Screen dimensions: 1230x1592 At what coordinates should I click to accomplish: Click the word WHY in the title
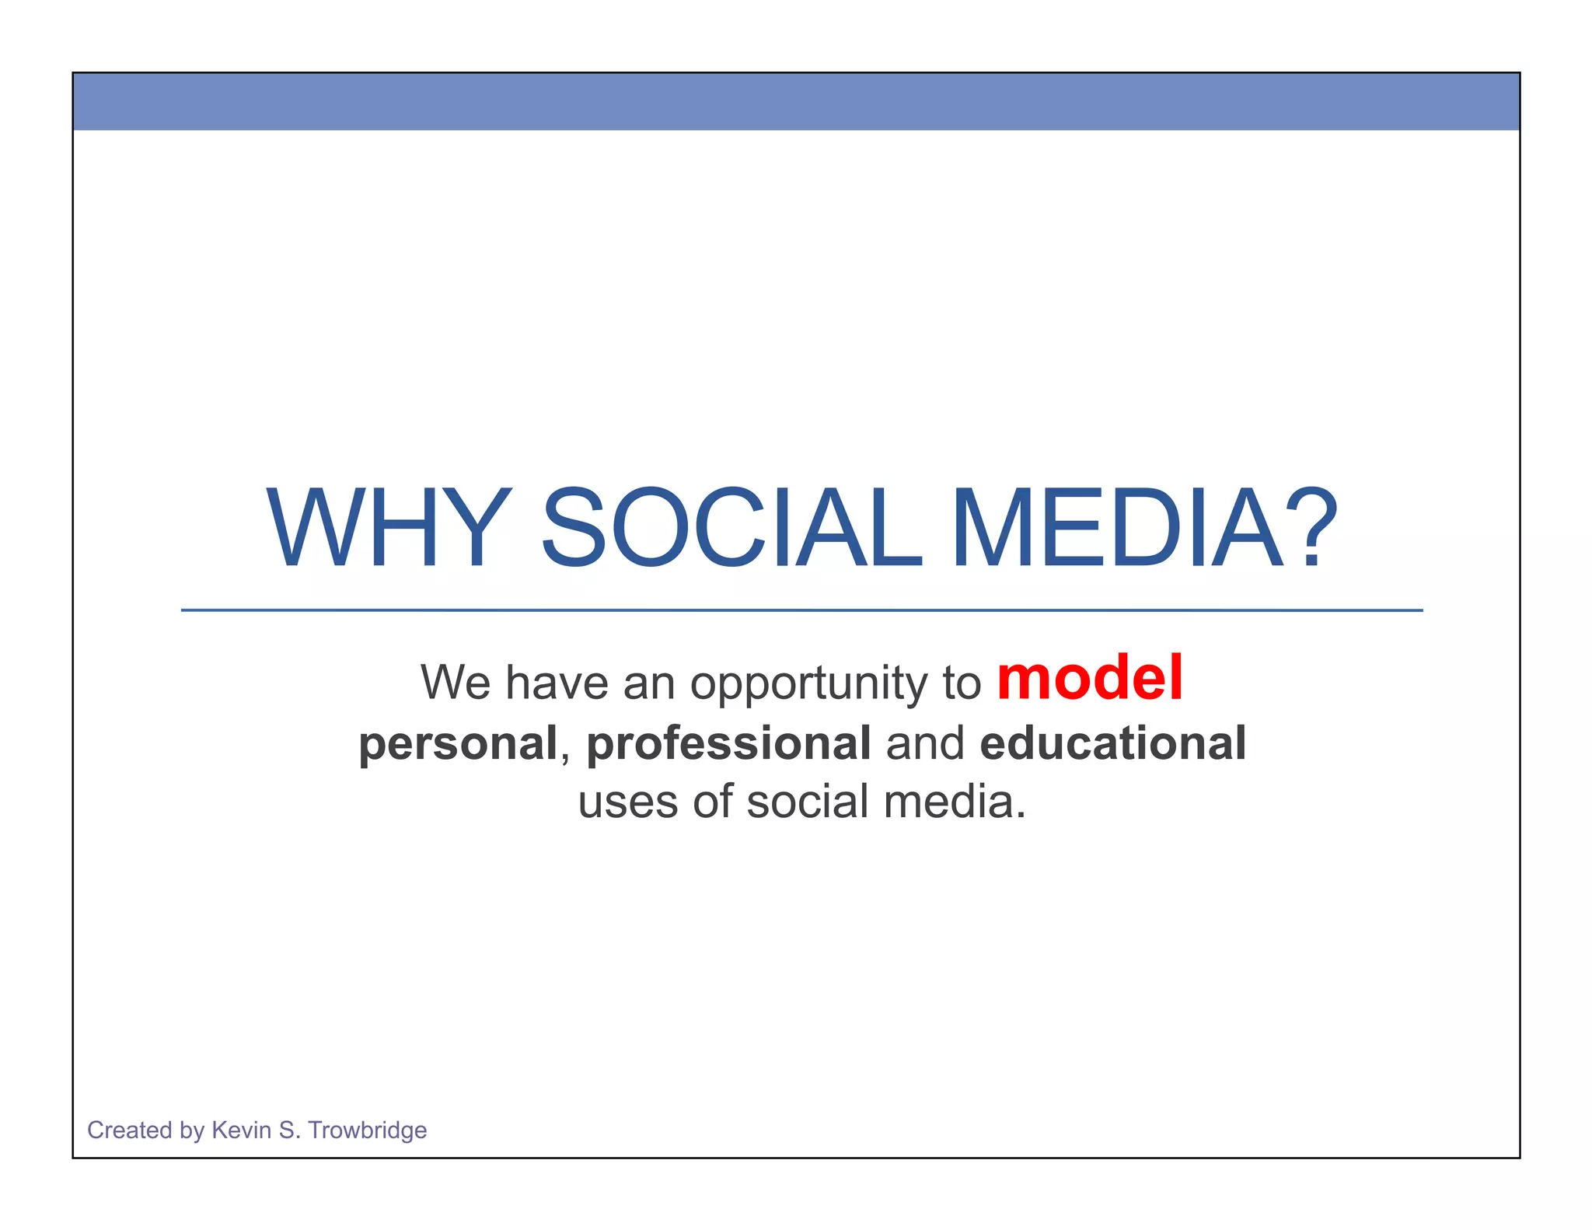point(389,529)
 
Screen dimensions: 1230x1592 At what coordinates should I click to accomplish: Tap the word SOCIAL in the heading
point(731,529)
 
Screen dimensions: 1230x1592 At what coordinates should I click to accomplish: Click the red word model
point(1090,679)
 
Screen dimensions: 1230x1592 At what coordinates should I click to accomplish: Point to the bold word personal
point(458,743)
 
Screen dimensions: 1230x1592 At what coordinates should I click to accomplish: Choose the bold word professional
point(728,743)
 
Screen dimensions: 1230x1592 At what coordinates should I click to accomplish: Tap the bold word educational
point(1113,743)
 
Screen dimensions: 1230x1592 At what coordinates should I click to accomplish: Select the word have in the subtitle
point(557,683)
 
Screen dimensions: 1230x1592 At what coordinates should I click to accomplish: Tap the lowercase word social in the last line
point(807,802)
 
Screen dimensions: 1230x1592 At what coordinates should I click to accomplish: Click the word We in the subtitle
point(456,683)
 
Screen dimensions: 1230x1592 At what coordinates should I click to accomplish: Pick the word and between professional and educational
point(925,743)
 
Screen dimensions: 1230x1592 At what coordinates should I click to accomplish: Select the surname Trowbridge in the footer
point(367,1130)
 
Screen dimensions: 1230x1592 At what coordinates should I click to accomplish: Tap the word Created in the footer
point(129,1130)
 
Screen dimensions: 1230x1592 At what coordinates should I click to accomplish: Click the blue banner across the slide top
point(796,101)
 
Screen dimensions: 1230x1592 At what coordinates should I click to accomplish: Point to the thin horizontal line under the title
point(801,610)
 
